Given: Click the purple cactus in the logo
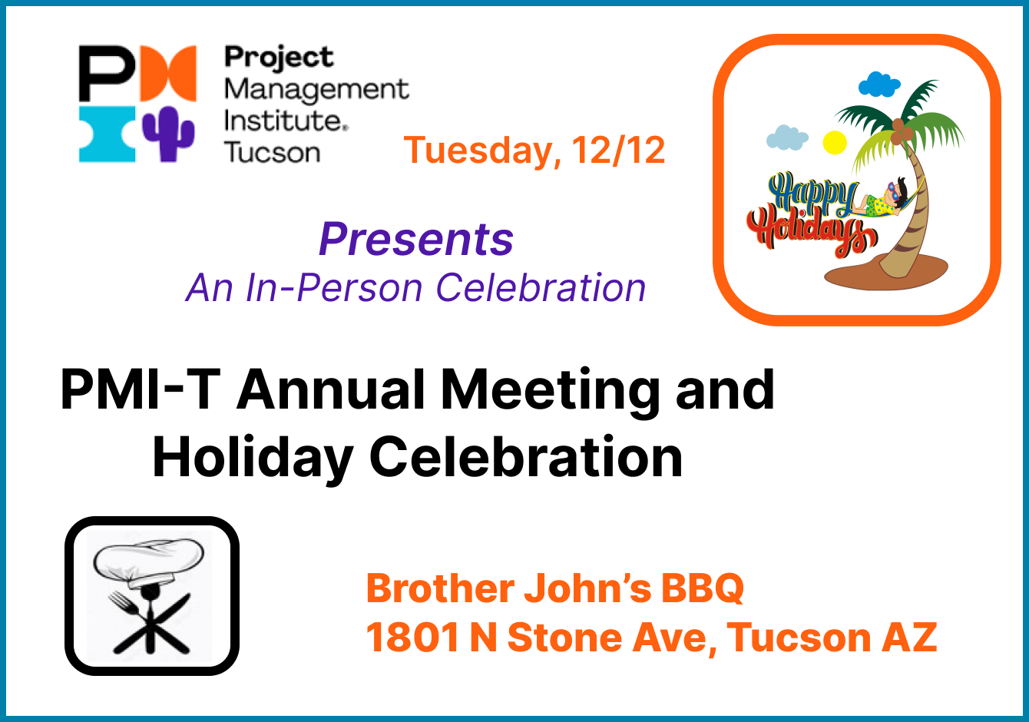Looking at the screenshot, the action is (x=169, y=134).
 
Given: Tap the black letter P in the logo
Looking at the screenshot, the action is (x=108, y=73).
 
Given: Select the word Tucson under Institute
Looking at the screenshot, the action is (x=273, y=153).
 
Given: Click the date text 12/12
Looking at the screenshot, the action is (x=618, y=151).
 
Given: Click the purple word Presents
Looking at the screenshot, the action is (x=416, y=240).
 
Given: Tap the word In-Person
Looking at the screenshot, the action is (x=334, y=288).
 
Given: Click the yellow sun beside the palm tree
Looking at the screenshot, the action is (x=834, y=142).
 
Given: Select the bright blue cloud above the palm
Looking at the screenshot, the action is (x=879, y=84).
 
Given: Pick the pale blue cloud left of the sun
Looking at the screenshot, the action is (x=787, y=137).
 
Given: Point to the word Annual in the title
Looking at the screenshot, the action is (x=331, y=389).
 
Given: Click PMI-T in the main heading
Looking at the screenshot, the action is (x=141, y=389).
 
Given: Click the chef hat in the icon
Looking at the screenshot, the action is (x=149, y=564).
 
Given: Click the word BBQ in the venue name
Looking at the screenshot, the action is (x=703, y=589).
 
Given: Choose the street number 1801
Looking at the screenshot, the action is (x=412, y=638).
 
